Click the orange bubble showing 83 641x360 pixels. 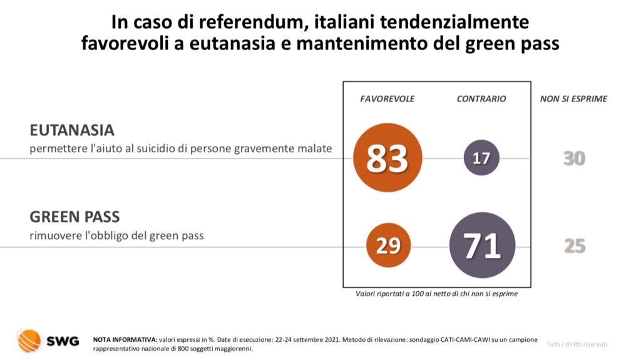387,158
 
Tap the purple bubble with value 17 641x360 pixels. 481,158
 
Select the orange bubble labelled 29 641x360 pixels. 388,245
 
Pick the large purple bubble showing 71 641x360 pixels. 483,245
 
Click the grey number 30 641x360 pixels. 574,158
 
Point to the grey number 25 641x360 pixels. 574,246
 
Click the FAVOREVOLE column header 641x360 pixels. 387,99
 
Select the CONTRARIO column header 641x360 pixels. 481,99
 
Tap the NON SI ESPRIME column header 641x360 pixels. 574,99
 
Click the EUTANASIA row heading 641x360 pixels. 72,130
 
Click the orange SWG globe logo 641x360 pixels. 29,341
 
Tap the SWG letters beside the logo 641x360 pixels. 63,341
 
